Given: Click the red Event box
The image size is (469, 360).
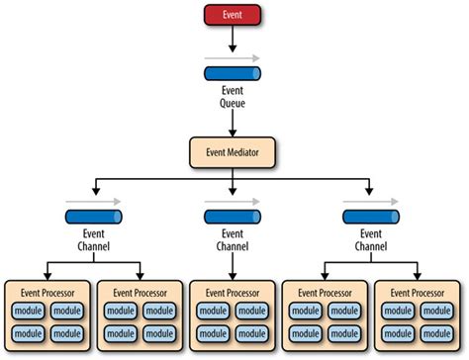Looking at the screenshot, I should [x=234, y=16].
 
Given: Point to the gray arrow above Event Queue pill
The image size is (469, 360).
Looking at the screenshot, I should [x=234, y=58].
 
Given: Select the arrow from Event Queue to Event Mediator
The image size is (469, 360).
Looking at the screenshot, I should [x=234, y=121].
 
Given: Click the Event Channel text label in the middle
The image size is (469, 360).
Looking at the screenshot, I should [x=234, y=239].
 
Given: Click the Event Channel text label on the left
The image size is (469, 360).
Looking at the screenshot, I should [x=94, y=239].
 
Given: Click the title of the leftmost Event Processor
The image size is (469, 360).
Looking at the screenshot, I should [x=47, y=293].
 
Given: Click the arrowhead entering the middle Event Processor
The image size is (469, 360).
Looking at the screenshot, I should [x=234, y=276].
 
